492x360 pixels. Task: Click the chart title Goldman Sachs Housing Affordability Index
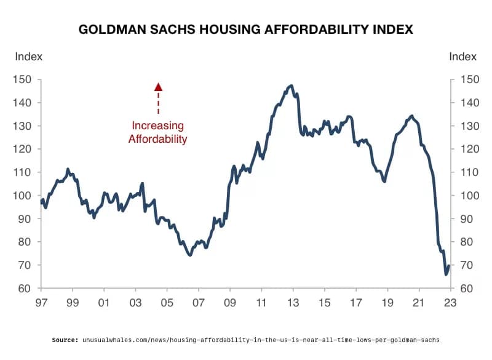(x=246, y=29)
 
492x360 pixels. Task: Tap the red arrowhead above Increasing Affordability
(x=158, y=87)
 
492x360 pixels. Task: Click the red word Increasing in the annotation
(x=157, y=126)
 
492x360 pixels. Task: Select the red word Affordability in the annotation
(x=157, y=138)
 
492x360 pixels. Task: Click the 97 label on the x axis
(x=41, y=303)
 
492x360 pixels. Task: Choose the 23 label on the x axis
(x=450, y=303)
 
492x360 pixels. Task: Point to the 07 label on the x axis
(x=198, y=303)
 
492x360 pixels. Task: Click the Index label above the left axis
(x=28, y=57)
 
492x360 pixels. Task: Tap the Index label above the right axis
(x=463, y=57)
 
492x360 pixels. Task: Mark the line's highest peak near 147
(x=291, y=86)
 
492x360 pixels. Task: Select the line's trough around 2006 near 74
(x=190, y=254)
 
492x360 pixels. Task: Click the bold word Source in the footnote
(x=65, y=340)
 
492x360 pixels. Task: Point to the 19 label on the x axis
(x=387, y=303)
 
